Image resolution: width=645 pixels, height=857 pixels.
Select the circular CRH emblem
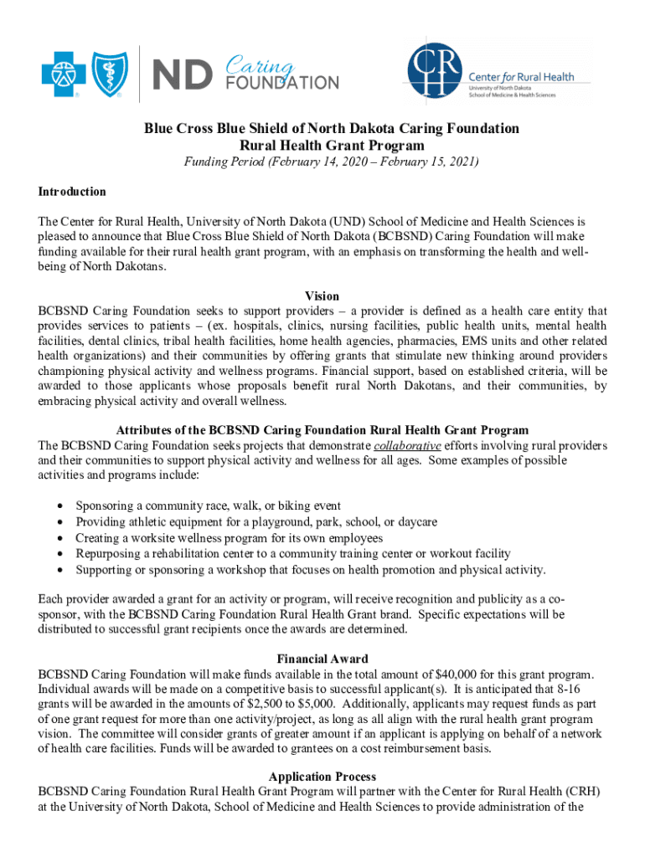click(x=433, y=77)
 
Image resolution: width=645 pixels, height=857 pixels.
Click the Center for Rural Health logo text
click(x=533, y=77)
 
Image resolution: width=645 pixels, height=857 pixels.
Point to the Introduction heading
click(x=72, y=192)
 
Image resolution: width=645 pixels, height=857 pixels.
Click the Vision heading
click(x=322, y=296)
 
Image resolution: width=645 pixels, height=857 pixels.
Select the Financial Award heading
click(x=322, y=659)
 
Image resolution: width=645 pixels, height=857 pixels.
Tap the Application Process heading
click(x=322, y=776)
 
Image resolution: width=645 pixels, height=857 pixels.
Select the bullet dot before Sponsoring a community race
click(x=58, y=506)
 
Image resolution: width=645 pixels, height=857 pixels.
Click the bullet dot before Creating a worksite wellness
click(x=58, y=538)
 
